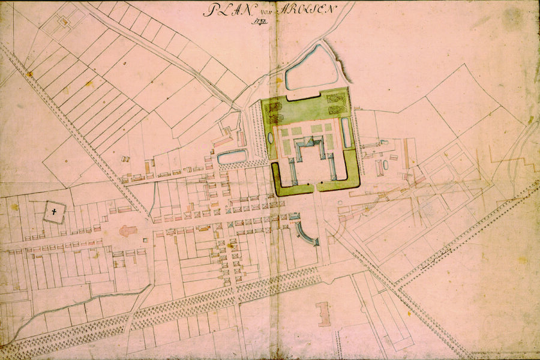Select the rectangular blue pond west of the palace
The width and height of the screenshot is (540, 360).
[232, 158]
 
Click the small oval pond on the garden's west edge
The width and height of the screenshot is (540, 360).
[271, 138]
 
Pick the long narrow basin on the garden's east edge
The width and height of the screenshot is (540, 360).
[346, 132]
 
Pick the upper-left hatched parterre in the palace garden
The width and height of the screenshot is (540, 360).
[277, 108]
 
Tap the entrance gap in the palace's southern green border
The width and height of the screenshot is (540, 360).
[315, 188]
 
